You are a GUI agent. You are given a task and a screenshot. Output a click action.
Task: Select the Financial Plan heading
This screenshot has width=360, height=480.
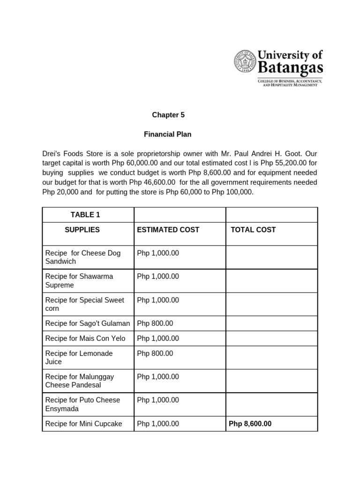(x=168, y=135)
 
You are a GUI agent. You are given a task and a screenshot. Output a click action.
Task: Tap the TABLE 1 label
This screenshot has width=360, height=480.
(x=85, y=215)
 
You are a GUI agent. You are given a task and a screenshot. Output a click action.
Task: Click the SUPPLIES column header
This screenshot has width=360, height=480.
(x=82, y=230)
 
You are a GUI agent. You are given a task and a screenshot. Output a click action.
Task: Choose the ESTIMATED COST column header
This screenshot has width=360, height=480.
(x=168, y=230)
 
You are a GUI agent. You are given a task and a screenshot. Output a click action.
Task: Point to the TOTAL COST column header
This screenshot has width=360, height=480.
(x=253, y=230)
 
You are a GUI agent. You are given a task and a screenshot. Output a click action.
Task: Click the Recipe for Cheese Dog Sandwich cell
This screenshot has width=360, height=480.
(x=82, y=257)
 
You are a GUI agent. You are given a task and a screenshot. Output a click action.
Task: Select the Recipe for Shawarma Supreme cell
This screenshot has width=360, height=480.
(x=79, y=281)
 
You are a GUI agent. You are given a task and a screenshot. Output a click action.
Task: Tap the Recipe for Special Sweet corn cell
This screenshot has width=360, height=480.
(x=84, y=304)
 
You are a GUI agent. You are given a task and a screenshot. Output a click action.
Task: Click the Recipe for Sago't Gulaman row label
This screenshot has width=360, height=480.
(x=87, y=323)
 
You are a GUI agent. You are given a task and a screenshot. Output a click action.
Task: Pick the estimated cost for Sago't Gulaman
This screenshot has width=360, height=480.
(x=155, y=323)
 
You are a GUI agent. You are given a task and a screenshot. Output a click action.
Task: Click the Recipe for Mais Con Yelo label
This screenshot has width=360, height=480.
(x=85, y=338)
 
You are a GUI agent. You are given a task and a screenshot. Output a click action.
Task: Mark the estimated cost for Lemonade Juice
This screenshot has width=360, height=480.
(x=155, y=353)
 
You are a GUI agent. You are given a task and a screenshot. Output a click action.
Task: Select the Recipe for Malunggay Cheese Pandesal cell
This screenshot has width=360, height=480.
(x=79, y=381)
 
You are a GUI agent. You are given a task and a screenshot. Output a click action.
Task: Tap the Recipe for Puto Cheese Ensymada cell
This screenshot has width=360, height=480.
(x=82, y=404)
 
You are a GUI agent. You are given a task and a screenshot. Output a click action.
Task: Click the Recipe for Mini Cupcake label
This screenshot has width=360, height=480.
(x=83, y=424)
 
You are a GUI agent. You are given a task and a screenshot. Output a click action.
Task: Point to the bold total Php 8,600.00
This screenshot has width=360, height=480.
(x=250, y=424)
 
